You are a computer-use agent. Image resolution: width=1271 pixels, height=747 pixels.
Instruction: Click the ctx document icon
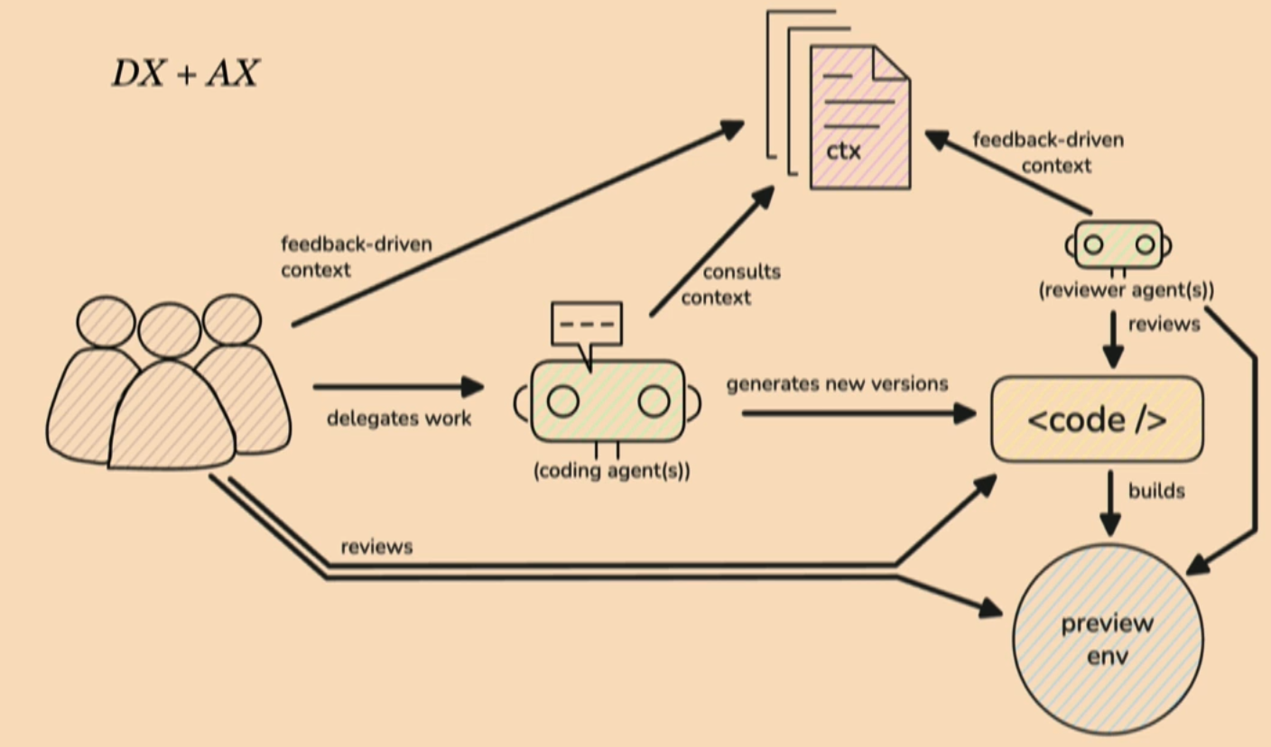click(x=858, y=117)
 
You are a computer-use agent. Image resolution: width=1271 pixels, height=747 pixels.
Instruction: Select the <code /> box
click(x=1097, y=420)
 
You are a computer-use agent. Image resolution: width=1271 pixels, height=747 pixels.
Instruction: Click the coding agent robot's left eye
click(x=562, y=401)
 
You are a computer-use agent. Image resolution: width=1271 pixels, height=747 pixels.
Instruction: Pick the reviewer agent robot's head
click(x=1118, y=244)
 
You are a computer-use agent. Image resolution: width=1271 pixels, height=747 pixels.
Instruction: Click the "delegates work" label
click(x=399, y=419)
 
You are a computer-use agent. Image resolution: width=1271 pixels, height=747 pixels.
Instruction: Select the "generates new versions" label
click(x=837, y=384)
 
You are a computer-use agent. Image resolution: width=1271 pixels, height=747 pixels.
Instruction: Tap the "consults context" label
click(x=729, y=284)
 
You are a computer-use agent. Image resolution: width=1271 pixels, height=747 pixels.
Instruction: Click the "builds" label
click(x=1156, y=492)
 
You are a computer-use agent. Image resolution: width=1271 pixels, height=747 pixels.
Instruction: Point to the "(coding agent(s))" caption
click(x=611, y=471)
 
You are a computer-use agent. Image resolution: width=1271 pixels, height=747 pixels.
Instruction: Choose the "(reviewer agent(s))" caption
click(x=1126, y=291)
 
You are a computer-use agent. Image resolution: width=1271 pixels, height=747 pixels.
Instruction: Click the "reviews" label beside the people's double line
click(x=376, y=547)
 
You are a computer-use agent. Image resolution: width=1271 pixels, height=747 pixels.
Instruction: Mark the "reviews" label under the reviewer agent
click(x=1164, y=324)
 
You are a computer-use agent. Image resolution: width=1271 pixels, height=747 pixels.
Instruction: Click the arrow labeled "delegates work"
click(x=398, y=387)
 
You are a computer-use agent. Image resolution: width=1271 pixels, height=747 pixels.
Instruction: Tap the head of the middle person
click(x=170, y=330)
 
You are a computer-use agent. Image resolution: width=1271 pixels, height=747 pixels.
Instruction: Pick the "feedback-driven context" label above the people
click(x=356, y=256)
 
